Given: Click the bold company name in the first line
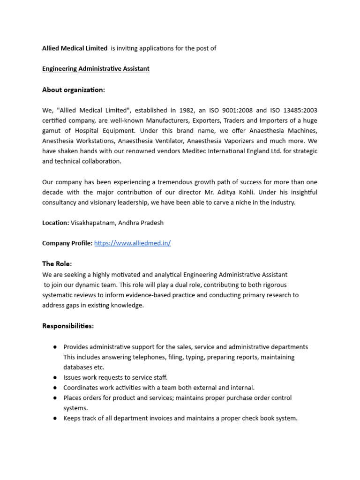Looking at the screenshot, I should pos(75,48).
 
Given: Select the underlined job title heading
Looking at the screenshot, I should pos(96,69).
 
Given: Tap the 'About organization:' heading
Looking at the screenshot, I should pos(74,90).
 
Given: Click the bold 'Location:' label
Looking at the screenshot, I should pos(56,223).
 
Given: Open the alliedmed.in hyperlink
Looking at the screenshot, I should pos(132,243).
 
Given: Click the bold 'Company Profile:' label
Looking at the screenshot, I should pos(67,243).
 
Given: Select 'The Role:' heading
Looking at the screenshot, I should pos(57,264).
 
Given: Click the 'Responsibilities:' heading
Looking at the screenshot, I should pos(68,326).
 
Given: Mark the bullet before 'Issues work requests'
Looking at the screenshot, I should pos(55,377).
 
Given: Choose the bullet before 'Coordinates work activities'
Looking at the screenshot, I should pos(55,388).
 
